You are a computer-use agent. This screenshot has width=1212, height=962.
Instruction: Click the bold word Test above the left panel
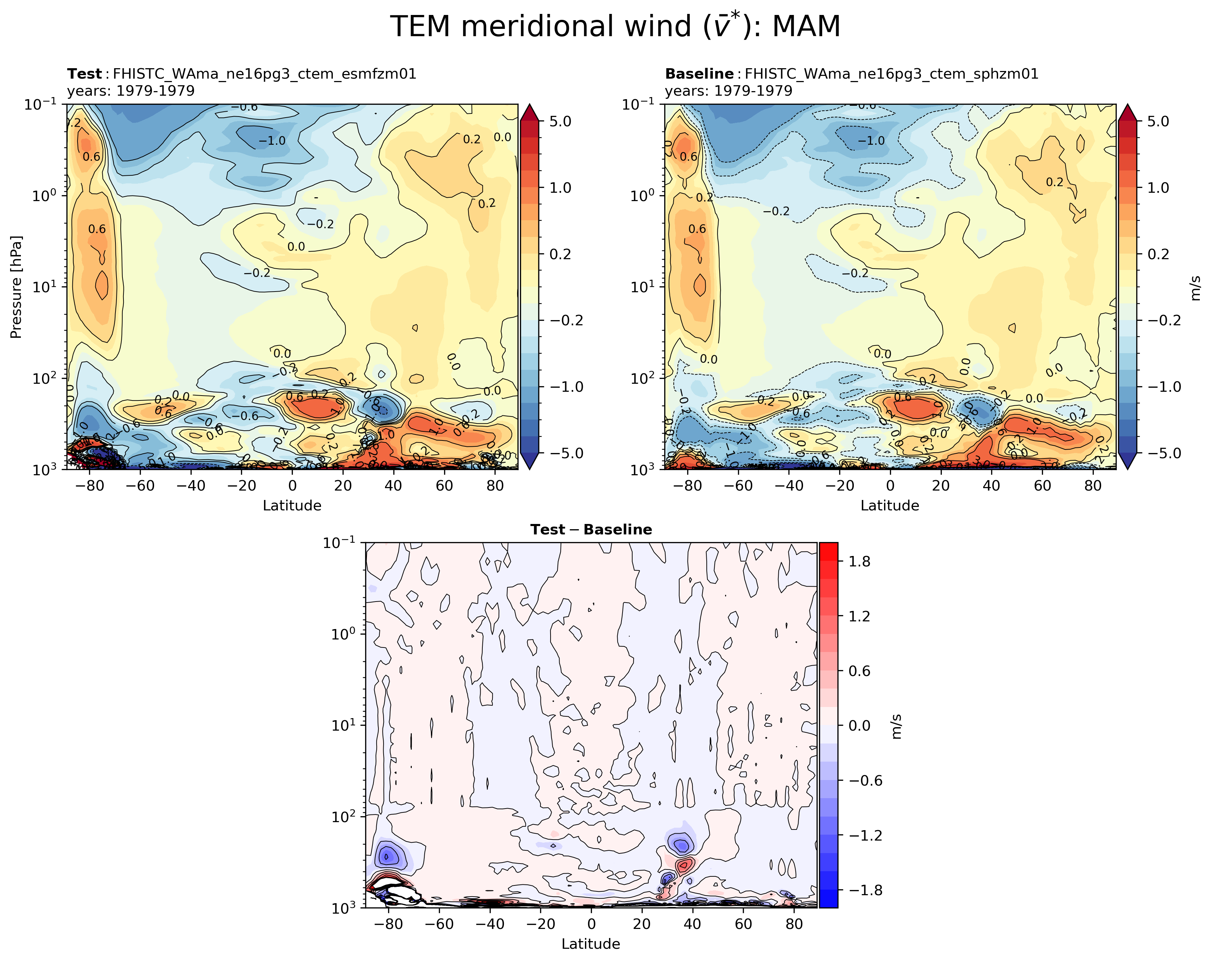coord(84,74)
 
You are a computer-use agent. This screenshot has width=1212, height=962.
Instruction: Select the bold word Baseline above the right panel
coord(699,74)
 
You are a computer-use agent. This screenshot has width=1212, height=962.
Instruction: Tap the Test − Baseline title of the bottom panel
coord(591,530)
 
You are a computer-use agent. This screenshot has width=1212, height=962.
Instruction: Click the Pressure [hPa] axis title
coord(16,287)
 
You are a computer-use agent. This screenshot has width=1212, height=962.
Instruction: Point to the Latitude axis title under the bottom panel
coord(591,944)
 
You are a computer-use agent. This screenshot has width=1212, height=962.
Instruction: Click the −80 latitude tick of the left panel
coord(88,486)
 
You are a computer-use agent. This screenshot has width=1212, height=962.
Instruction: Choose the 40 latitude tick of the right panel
coord(992,486)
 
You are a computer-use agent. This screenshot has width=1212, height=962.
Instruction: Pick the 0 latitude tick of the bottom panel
coord(591,924)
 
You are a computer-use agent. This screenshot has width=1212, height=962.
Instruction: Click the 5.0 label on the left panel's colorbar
coord(560,121)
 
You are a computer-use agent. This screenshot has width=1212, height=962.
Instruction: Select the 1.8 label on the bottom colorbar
coord(859,561)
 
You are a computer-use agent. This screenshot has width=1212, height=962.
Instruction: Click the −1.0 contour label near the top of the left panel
coord(272,141)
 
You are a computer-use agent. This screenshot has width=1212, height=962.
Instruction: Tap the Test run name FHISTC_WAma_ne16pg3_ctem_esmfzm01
coord(264,74)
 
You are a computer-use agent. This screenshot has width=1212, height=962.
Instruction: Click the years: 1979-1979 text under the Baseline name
coord(729,91)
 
